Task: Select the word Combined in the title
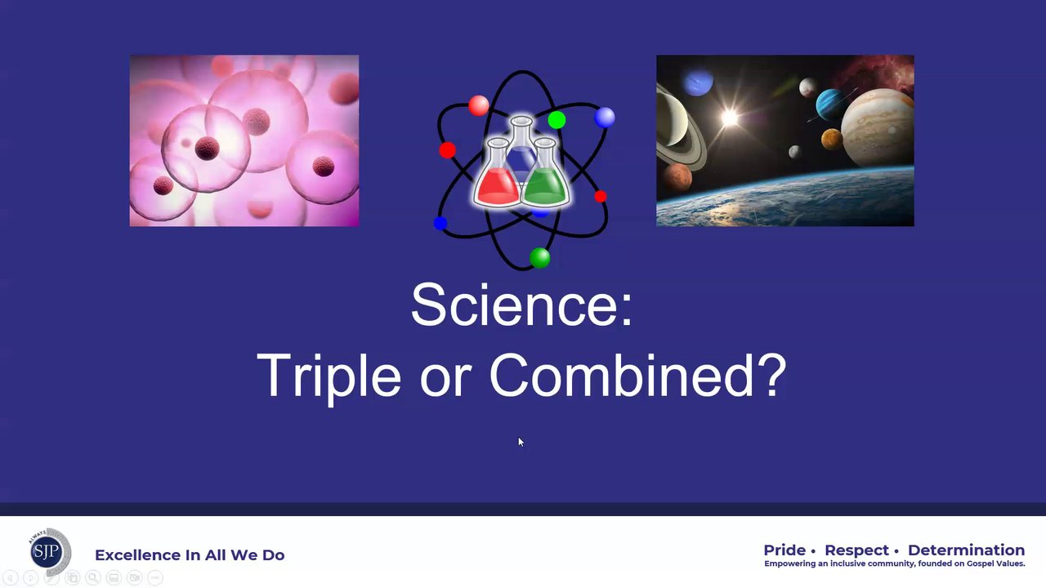pyautogui.click(x=622, y=375)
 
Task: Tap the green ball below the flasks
pyautogui.click(x=540, y=257)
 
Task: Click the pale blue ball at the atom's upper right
pyautogui.click(x=605, y=117)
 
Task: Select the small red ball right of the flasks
pyautogui.click(x=601, y=197)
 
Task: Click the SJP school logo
pyautogui.click(x=49, y=552)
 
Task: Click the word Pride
pyautogui.click(x=784, y=550)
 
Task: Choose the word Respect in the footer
pyautogui.click(x=857, y=550)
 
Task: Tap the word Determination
pyautogui.click(x=966, y=550)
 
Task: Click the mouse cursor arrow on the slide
pyautogui.click(x=521, y=442)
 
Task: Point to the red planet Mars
pyautogui.click(x=677, y=177)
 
